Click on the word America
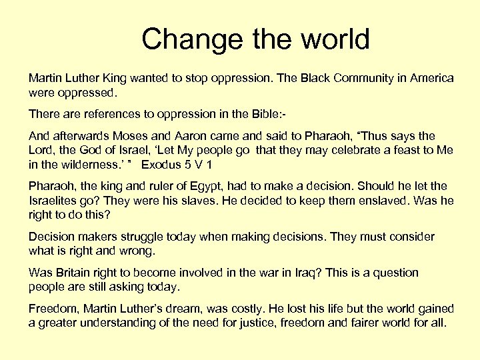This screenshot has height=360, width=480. point(431,78)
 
